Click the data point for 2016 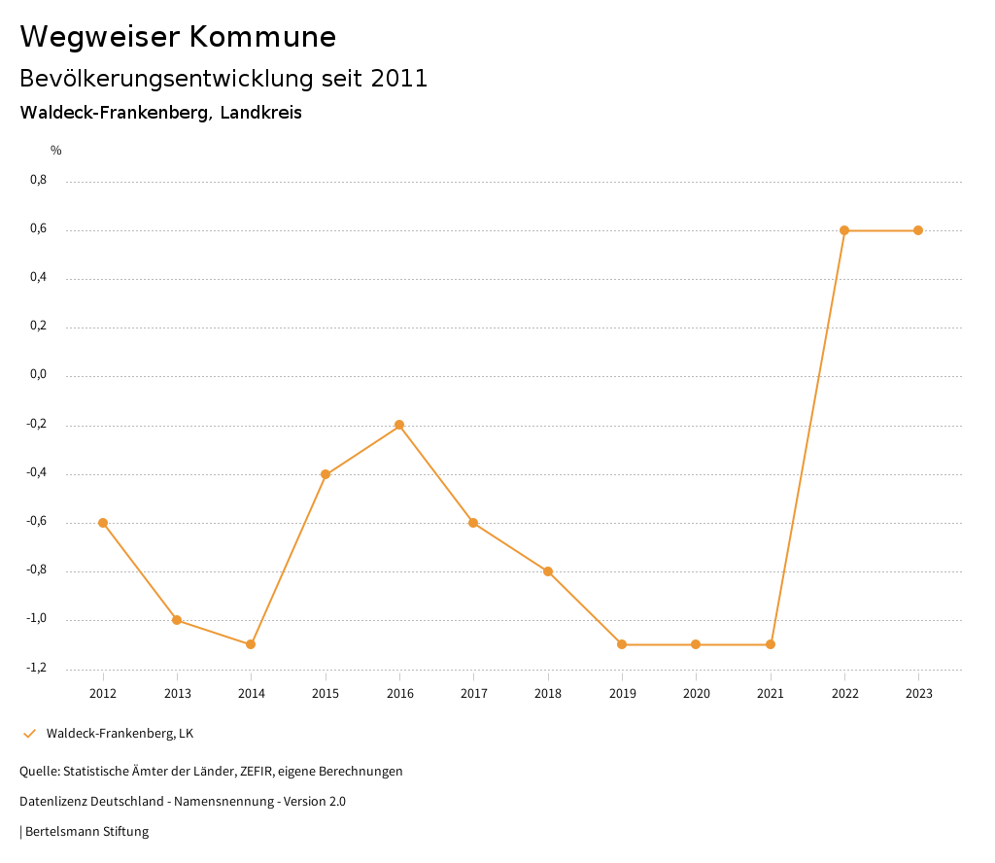[x=399, y=425]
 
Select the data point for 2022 [x=844, y=230]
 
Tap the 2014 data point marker [x=251, y=644]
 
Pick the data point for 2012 [x=103, y=523]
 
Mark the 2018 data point [x=548, y=571]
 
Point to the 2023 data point [x=918, y=230]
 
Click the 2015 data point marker [x=326, y=474]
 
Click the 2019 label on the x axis [x=622, y=693]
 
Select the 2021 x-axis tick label [x=771, y=693]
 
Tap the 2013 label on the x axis [x=177, y=693]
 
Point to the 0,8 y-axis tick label [x=38, y=180]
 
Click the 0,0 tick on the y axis [x=38, y=375]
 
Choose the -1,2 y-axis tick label [x=36, y=668]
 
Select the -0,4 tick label [x=36, y=472]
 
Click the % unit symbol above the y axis [x=56, y=150]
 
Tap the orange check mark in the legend [x=29, y=733]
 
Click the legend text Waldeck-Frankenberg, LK [x=120, y=733]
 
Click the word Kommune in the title [x=263, y=37]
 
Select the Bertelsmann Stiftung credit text [x=86, y=832]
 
